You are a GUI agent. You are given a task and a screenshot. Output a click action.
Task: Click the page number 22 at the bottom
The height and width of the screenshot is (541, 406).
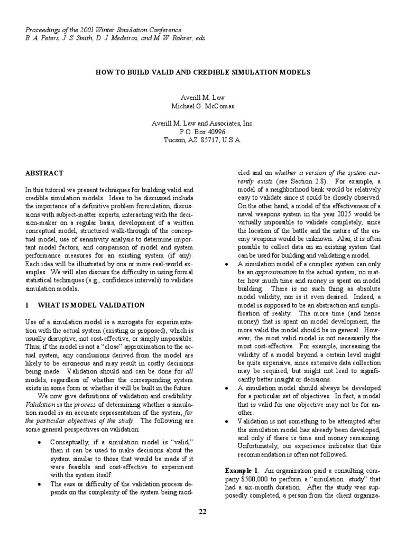tap(203, 511)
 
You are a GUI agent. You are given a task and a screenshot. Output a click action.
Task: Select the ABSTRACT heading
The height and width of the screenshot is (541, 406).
tap(44, 173)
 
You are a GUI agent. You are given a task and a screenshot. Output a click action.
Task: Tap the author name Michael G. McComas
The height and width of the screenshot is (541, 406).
tap(202, 105)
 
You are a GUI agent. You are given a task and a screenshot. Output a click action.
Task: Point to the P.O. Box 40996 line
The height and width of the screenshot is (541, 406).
tap(202, 132)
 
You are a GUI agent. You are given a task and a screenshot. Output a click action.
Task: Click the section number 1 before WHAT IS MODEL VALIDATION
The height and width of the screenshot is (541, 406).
tap(27, 305)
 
